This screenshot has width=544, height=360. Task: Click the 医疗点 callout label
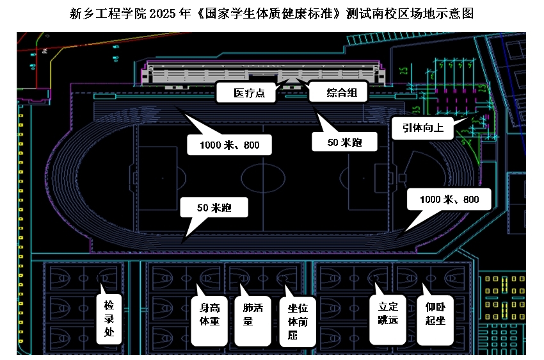point(247,93)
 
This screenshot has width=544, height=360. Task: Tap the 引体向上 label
point(423,127)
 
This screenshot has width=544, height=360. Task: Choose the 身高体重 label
point(209,314)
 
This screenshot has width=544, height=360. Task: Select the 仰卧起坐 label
point(435,314)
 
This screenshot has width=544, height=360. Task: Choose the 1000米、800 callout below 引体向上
point(449,199)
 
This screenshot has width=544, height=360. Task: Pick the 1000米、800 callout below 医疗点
point(229,145)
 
